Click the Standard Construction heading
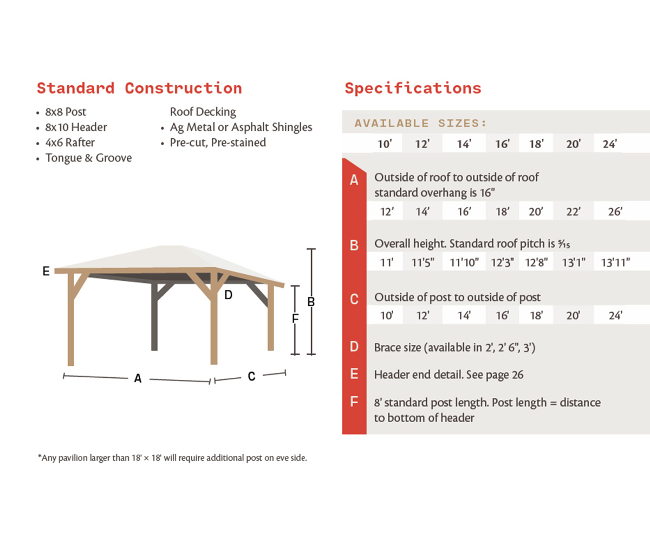(139, 88)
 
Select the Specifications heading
(413, 88)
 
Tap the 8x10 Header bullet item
(76, 127)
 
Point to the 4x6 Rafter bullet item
(70, 143)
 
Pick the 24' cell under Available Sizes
(610, 145)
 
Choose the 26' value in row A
(615, 212)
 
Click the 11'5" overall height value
(422, 263)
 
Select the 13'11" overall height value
(615, 263)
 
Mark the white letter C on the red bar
(354, 299)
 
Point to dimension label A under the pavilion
(138, 379)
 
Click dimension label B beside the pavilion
(311, 302)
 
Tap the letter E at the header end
(47, 272)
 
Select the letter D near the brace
(228, 295)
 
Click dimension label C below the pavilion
(251, 376)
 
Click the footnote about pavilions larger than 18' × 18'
(172, 458)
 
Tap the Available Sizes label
(421, 124)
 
